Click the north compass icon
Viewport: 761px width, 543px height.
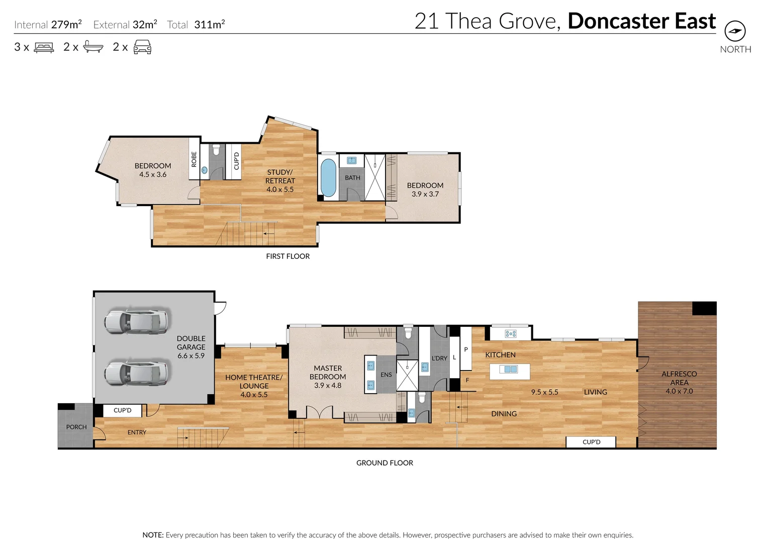click(x=735, y=31)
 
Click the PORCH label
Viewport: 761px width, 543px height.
click(x=76, y=427)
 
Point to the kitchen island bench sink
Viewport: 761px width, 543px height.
click(x=510, y=370)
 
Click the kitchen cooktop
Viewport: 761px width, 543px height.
click(x=511, y=333)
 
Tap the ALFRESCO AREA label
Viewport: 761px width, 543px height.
click(x=679, y=378)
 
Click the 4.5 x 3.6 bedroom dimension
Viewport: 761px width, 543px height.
click(x=153, y=174)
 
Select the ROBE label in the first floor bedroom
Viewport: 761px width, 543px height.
click(x=194, y=159)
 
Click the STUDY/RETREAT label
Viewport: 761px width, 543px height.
click(x=280, y=176)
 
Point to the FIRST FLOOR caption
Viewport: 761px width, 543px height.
click(x=288, y=256)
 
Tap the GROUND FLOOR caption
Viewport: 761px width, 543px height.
click(x=385, y=463)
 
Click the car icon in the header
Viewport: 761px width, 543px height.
click(x=142, y=47)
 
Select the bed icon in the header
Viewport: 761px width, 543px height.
click(x=44, y=47)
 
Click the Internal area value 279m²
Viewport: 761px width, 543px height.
click(x=66, y=24)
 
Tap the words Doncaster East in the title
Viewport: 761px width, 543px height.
click(x=641, y=21)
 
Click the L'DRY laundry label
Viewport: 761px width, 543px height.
click(x=439, y=358)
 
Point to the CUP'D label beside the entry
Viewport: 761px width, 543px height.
click(x=122, y=410)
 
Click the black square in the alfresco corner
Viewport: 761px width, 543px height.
click(x=704, y=308)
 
